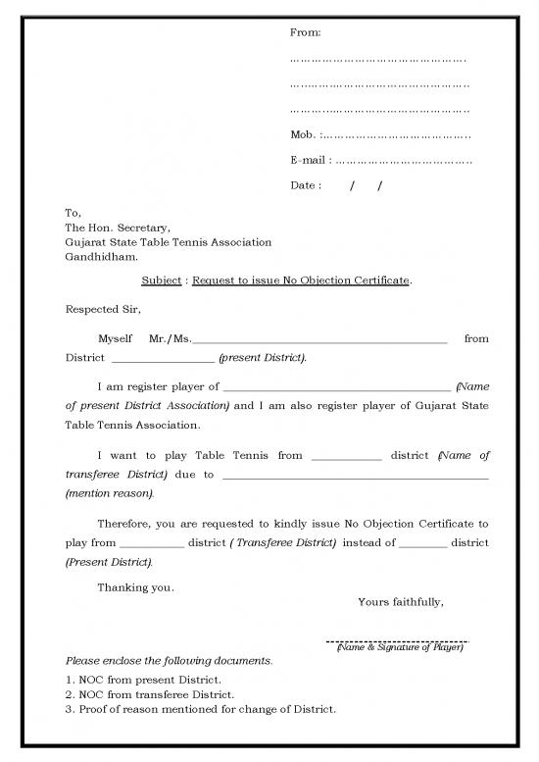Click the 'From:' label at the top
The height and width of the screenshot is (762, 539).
[306, 33]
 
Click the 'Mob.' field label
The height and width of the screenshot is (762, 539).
[304, 134]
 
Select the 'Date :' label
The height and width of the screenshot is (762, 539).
[306, 185]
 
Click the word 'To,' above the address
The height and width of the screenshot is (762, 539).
[73, 213]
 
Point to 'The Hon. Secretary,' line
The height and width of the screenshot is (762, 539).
[118, 228]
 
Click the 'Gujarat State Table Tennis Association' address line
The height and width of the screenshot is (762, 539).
[168, 242]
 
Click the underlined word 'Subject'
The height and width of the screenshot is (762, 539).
[161, 280]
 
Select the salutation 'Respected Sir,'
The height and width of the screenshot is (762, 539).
[103, 310]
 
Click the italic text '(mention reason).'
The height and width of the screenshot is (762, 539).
[109, 492]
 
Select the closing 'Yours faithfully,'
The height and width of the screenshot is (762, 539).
[401, 602]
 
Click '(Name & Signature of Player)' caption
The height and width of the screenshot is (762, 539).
[399, 648]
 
